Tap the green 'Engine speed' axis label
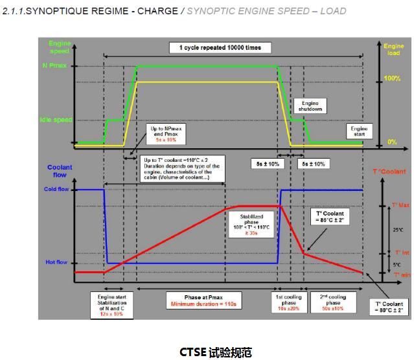point(60,47)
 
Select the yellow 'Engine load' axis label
point(393,50)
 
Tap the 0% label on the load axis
point(392,142)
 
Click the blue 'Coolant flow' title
point(60,170)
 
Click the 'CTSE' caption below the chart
point(206,351)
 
